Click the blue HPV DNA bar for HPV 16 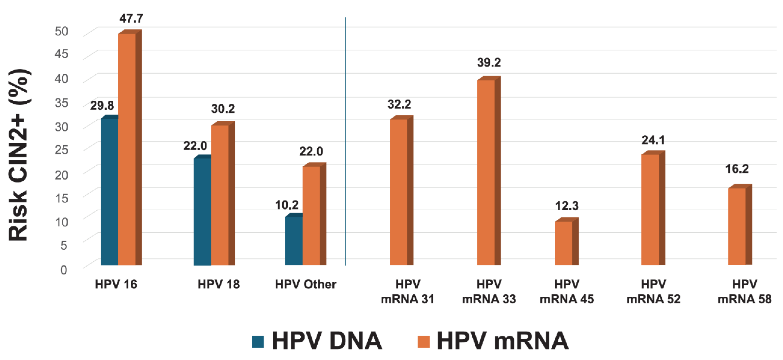click(109, 191)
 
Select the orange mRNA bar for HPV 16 click(127, 149)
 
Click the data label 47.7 click(131, 19)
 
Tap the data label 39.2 click(489, 63)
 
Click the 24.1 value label click(653, 140)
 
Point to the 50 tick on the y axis click(61, 31)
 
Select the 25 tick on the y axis click(61, 149)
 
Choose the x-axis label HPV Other click(306, 284)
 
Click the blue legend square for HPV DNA click(258, 341)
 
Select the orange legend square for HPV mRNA click(424, 341)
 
